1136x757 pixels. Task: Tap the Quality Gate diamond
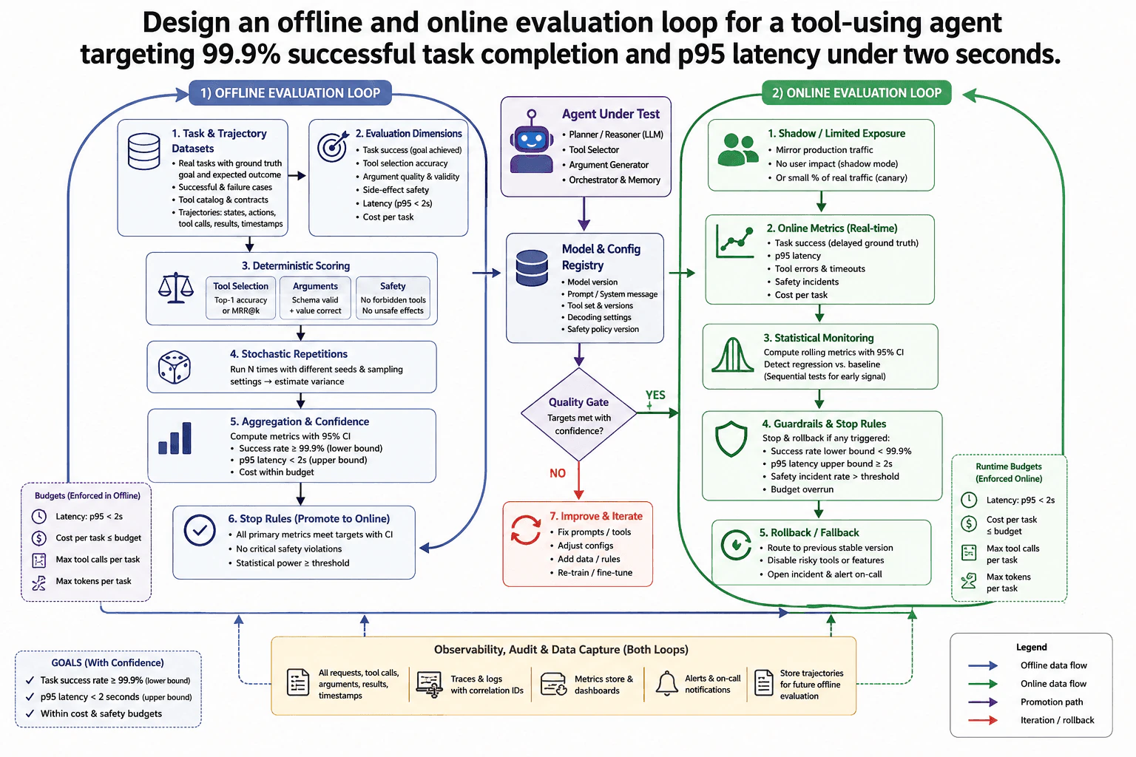(x=578, y=414)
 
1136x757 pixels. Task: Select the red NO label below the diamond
(x=558, y=473)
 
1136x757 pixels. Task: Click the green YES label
(x=655, y=395)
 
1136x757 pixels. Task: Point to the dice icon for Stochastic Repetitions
(x=174, y=367)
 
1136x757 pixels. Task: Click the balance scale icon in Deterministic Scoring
(x=175, y=288)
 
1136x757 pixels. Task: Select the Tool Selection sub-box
(x=241, y=298)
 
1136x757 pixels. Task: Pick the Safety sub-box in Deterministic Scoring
(x=393, y=298)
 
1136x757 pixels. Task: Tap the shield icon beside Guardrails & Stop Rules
(x=731, y=438)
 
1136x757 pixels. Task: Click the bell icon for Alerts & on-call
(x=667, y=683)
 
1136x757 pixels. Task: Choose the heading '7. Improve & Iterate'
(x=596, y=516)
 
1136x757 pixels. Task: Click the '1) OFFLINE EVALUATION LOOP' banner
(x=290, y=93)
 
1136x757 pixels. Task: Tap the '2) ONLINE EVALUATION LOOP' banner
(x=856, y=93)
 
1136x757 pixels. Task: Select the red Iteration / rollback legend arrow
(x=983, y=720)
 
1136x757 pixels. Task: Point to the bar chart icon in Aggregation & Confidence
(x=175, y=438)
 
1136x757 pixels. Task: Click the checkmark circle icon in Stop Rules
(x=200, y=530)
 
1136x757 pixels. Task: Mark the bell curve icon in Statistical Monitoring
(x=733, y=355)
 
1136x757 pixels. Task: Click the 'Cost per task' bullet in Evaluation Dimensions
(x=388, y=217)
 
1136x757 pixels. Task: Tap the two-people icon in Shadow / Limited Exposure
(x=738, y=149)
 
